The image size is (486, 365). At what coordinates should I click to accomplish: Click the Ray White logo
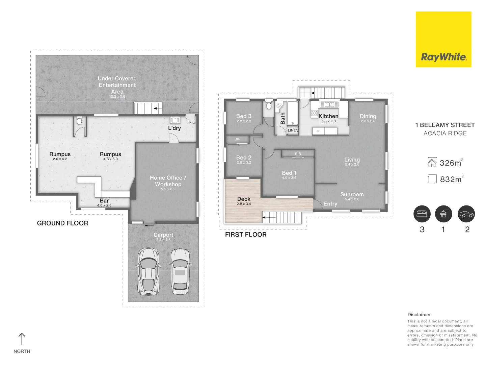click(x=443, y=40)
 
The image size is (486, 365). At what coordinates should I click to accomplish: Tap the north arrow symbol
click(x=22, y=339)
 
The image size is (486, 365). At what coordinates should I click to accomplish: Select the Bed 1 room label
click(x=289, y=173)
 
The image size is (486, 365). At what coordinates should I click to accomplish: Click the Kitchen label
click(x=328, y=116)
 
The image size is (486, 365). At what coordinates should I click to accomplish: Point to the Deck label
click(x=244, y=199)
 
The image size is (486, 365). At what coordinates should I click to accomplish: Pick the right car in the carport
click(x=180, y=271)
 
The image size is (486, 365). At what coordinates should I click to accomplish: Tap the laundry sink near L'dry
click(x=175, y=120)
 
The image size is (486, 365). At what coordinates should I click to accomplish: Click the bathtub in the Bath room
click(x=293, y=114)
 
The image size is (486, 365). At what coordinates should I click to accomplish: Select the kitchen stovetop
click(x=315, y=113)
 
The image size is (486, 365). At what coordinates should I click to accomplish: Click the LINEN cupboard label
click(x=293, y=130)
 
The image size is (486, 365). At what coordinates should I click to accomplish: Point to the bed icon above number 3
click(x=422, y=214)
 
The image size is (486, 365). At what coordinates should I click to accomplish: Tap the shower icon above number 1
click(x=443, y=214)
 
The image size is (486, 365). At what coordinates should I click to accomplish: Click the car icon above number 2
click(x=466, y=214)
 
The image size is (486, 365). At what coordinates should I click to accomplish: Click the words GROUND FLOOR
click(x=62, y=223)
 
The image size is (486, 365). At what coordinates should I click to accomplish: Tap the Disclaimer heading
click(x=419, y=315)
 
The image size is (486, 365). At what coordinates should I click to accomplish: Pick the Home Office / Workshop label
click(x=168, y=181)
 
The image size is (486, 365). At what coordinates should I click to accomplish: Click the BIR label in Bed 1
click(x=298, y=153)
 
